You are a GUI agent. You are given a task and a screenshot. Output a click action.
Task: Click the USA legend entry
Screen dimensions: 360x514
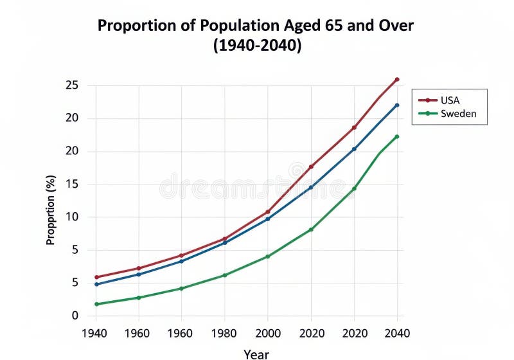pyautogui.click(x=449, y=100)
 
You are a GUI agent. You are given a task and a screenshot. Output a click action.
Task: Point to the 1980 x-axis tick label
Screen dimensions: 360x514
pyautogui.click(x=225, y=333)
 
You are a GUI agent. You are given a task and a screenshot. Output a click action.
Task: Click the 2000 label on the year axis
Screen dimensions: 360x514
pyautogui.click(x=268, y=333)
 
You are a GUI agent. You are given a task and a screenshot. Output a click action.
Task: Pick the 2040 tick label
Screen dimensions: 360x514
pyautogui.click(x=397, y=333)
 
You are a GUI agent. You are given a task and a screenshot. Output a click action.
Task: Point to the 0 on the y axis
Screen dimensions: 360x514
pyautogui.click(x=75, y=316)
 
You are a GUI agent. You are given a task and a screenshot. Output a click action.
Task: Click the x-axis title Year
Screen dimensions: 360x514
pyautogui.click(x=256, y=354)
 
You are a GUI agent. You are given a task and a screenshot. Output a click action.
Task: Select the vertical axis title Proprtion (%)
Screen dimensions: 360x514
pyautogui.click(x=51, y=211)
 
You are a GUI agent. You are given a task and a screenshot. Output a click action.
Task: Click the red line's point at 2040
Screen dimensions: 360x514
pyautogui.click(x=397, y=79)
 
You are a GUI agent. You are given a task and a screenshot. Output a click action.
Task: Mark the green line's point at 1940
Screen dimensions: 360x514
pyautogui.click(x=96, y=304)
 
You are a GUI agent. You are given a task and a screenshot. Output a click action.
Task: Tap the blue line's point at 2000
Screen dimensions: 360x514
pyautogui.click(x=268, y=219)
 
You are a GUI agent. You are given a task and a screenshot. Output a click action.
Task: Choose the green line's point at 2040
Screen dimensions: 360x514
pyautogui.click(x=397, y=136)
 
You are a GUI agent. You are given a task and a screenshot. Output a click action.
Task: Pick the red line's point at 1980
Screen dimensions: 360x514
pyautogui.click(x=225, y=239)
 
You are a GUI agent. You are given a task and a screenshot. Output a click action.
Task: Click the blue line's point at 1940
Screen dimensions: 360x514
pyautogui.click(x=96, y=284)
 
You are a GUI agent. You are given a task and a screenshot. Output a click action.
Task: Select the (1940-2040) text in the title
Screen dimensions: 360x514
pyautogui.click(x=256, y=46)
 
